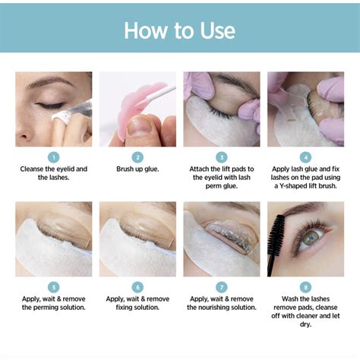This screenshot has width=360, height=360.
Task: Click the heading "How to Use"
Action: (179, 30)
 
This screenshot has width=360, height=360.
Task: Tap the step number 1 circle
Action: (54, 156)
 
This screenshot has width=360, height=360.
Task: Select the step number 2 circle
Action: (137, 156)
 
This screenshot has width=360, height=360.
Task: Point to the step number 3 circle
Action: (221, 156)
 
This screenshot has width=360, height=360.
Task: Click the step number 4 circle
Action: (305, 156)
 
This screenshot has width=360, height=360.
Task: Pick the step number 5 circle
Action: (54, 287)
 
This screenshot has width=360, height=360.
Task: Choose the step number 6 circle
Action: (137, 287)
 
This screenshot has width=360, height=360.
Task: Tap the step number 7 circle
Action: (221, 287)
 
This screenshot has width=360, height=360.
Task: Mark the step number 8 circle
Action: (305, 287)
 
